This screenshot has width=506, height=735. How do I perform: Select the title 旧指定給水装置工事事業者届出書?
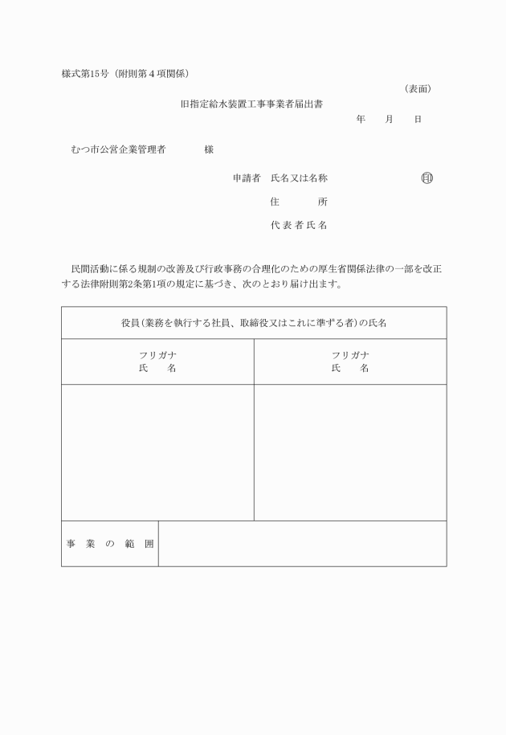[x=252, y=104]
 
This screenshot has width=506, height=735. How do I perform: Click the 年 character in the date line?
[x=361, y=119]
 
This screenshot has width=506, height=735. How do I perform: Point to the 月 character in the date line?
[x=390, y=119]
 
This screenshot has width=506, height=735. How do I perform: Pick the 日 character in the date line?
[x=418, y=119]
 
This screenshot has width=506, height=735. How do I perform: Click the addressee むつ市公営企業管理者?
[x=118, y=149]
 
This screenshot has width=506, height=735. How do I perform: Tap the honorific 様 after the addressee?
[x=209, y=149]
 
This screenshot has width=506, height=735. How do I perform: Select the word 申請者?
[x=247, y=178]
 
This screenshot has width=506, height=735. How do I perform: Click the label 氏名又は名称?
[x=299, y=178]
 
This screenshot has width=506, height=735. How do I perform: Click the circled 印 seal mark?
[x=426, y=178]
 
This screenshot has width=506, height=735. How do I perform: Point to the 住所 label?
[x=299, y=202]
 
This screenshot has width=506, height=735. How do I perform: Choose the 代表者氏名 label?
[x=299, y=226]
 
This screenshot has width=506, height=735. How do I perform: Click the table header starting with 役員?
[x=254, y=323]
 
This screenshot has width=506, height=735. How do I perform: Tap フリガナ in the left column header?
[x=157, y=355]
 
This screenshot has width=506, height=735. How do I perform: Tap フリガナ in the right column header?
[x=350, y=355]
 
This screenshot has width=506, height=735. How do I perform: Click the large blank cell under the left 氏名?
[x=157, y=452]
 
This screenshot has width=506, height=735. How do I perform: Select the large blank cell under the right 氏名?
[x=350, y=452]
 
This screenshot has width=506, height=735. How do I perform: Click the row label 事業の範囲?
[x=110, y=544]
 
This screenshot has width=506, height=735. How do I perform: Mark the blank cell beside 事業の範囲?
[x=302, y=544]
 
